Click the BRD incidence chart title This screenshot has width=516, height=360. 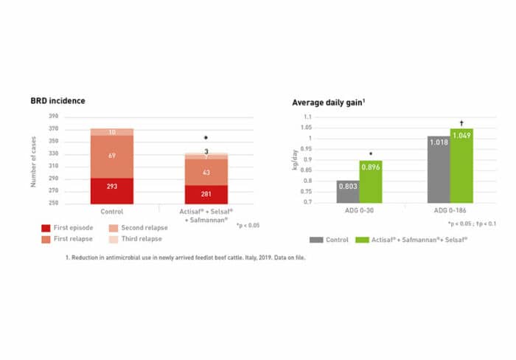click(x=57, y=102)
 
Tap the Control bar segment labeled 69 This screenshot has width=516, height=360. click(x=112, y=156)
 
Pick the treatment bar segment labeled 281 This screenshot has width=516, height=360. click(x=206, y=194)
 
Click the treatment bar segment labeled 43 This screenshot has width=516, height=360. click(x=206, y=173)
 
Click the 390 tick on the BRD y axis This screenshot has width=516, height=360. click(x=53, y=117)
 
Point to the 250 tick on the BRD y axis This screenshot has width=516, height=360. click(x=53, y=203)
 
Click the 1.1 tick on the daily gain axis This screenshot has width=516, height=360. click(x=307, y=117)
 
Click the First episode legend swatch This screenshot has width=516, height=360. click(x=46, y=228)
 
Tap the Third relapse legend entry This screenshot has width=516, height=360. click(x=140, y=240)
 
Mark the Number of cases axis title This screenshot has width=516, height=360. click(x=34, y=160)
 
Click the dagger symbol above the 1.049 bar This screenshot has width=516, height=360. click(x=461, y=122)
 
